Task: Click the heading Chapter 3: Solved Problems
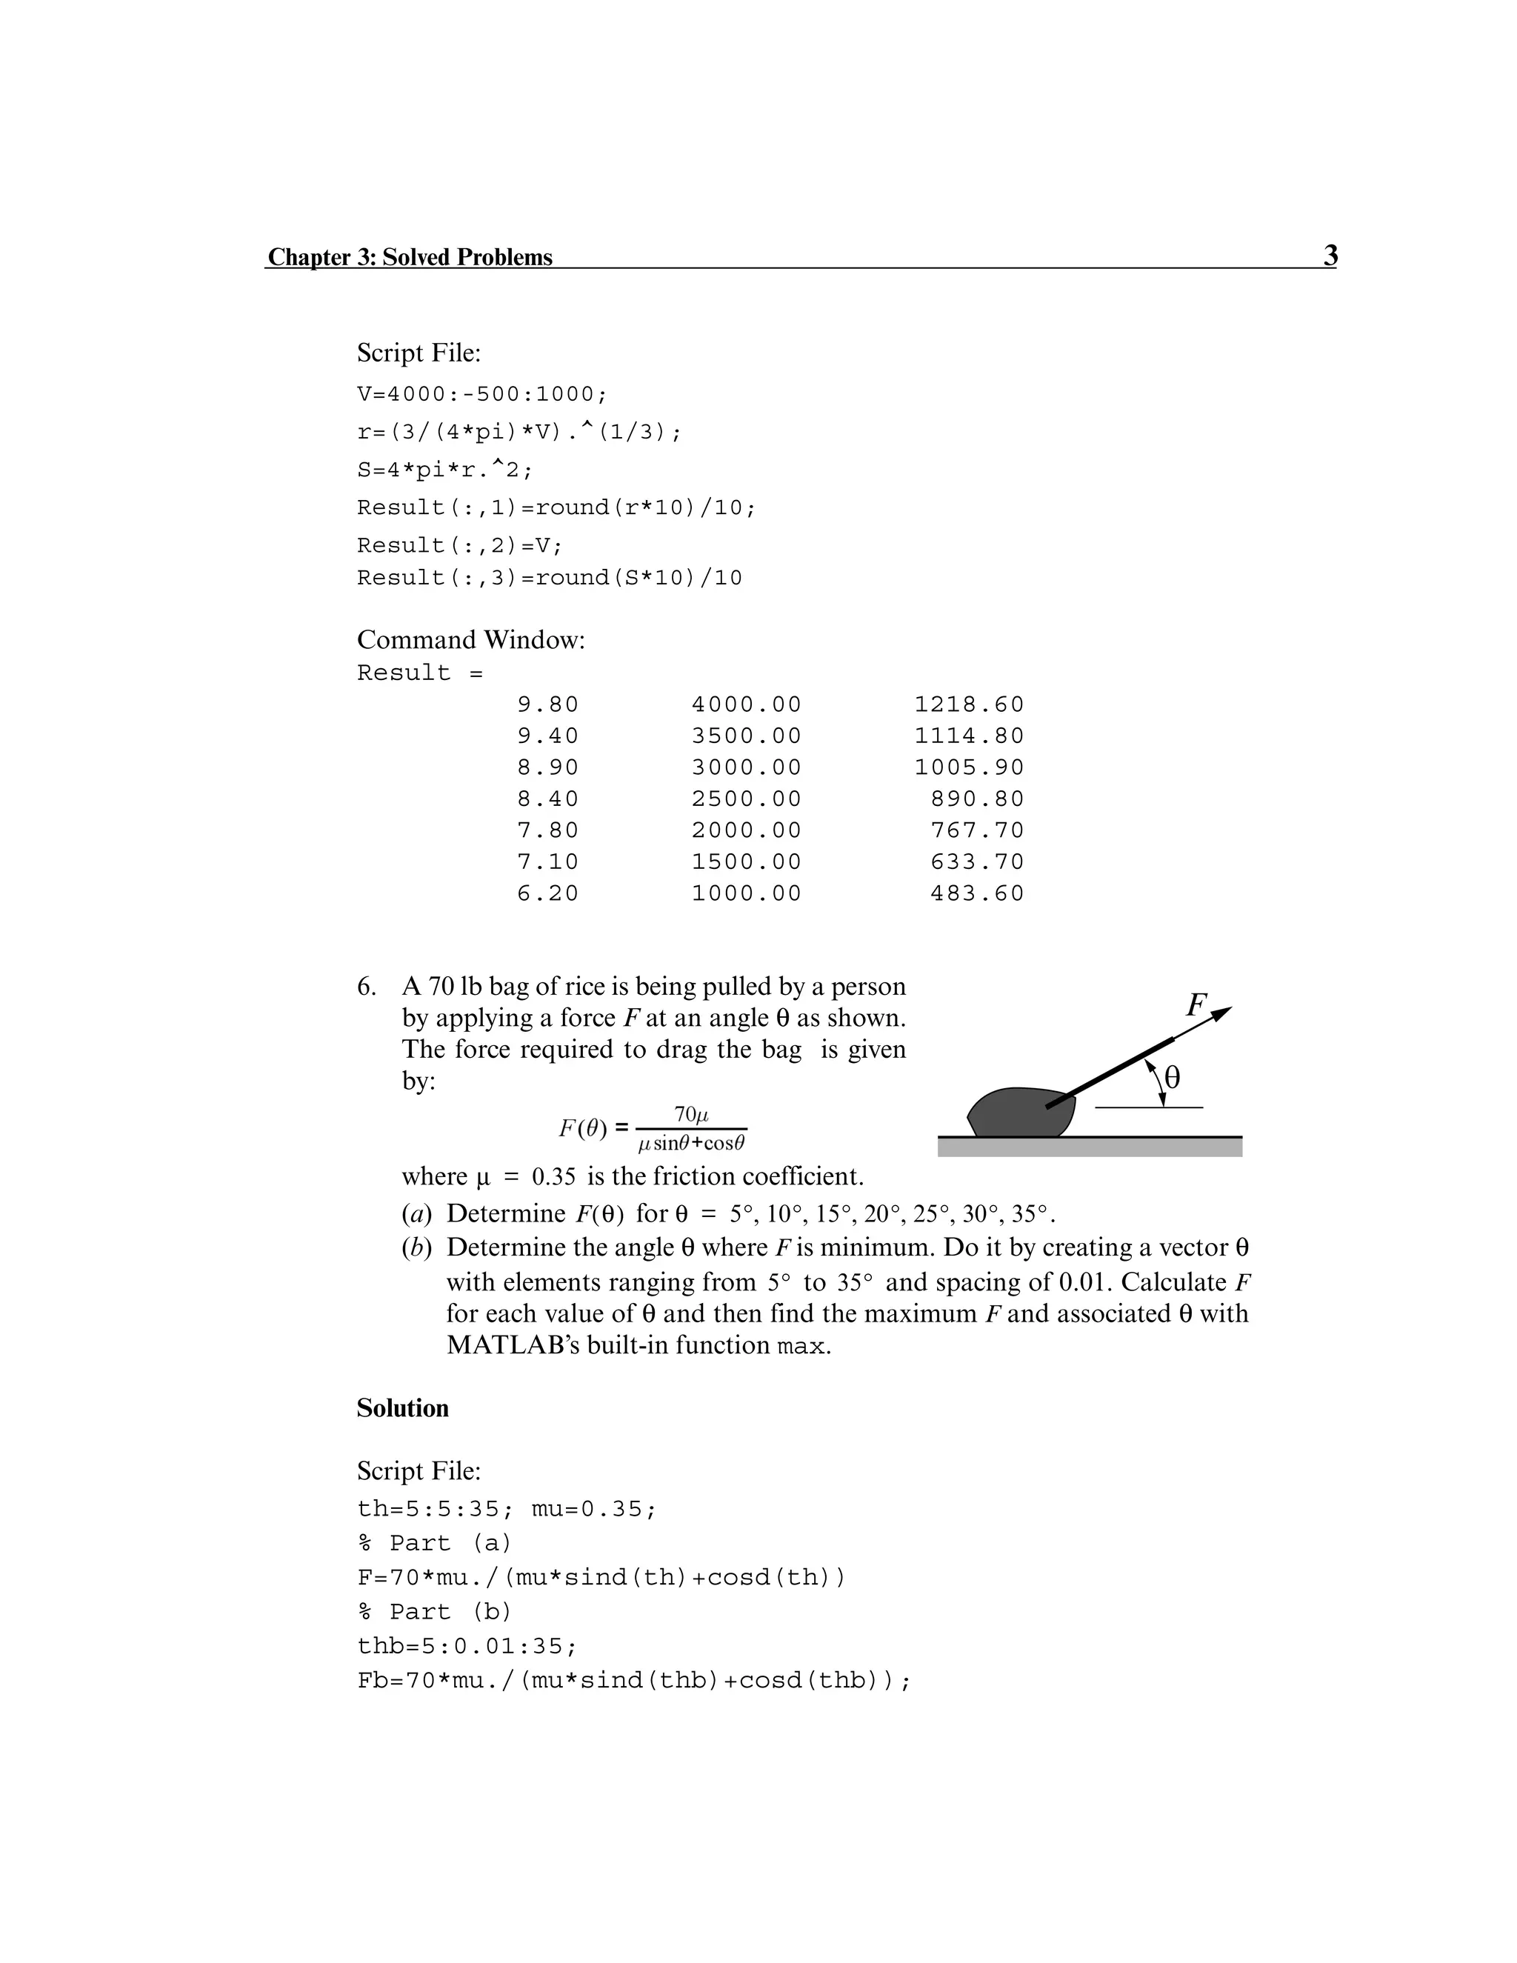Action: click(410, 257)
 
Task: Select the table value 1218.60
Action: click(969, 704)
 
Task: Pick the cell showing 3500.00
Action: click(746, 736)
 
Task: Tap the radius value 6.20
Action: click(547, 893)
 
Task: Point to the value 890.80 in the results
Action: click(977, 799)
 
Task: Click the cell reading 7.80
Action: click(547, 830)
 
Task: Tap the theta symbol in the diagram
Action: click(1172, 1077)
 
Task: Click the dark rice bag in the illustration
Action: click(1020, 1113)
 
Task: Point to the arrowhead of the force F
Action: click(1221, 1014)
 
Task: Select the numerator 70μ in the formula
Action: click(691, 1115)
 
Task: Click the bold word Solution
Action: click(403, 1408)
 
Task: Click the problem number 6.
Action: click(366, 987)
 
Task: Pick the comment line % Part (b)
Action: click(434, 1612)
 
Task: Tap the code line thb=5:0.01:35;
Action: click(467, 1647)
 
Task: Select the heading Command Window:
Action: click(471, 640)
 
